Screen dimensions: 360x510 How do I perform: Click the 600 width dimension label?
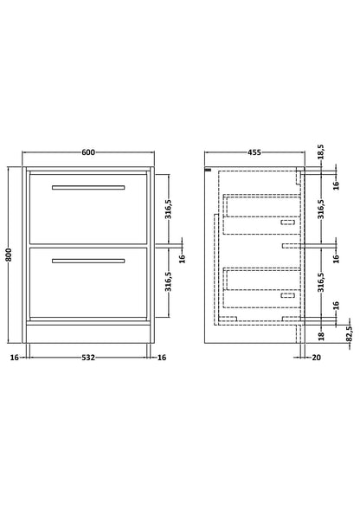tap(88, 152)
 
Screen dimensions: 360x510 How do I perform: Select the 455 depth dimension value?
tap(254, 152)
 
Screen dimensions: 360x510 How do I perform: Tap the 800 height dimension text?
tap(9, 255)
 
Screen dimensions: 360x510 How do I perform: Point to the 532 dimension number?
tap(88, 358)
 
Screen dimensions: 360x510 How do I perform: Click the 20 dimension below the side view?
tap(316, 358)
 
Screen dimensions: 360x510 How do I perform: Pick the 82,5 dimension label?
tap(350, 333)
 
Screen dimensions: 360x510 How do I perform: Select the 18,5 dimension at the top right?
tap(321, 152)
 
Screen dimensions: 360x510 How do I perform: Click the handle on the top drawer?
tap(88, 187)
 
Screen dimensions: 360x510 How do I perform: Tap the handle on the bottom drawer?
tap(88, 261)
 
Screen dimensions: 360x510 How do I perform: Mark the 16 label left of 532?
tap(15, 358)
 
